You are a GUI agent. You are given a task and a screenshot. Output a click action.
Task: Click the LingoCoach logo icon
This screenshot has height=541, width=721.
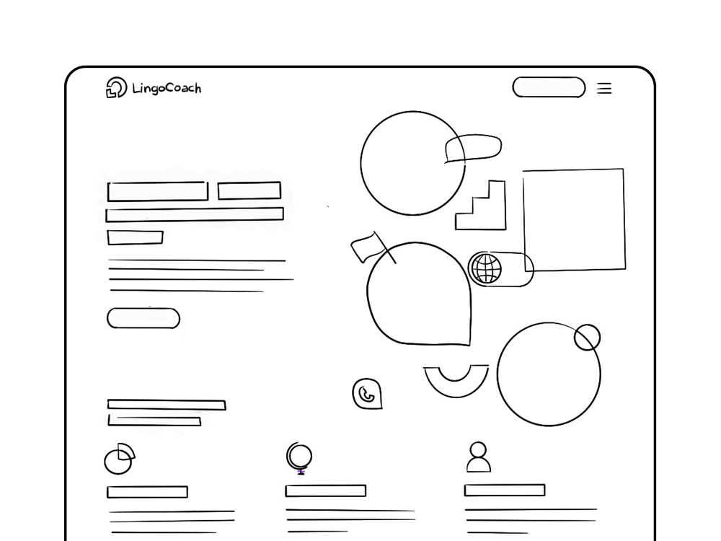click(x=115, y=87)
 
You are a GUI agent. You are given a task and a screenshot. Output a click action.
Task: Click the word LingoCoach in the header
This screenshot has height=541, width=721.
click(x=167, y=88)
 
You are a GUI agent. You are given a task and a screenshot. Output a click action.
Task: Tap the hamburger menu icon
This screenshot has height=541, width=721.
click(x=604, y=88)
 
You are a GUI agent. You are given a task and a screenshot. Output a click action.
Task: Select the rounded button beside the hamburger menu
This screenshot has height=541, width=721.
click(x=549, y=87)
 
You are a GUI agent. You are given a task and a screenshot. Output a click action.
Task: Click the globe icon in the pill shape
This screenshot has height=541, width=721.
click(x=486, y=269)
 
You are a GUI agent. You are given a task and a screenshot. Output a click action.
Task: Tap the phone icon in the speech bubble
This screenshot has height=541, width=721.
click(x=367, y=394)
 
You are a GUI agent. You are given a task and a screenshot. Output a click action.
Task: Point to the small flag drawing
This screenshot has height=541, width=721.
click(x=366, y=247)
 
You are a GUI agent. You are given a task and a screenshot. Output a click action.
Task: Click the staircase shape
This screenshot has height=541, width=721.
click(x=484, y=210)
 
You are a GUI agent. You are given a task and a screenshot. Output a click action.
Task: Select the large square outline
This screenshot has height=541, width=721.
click(x=574, y=220)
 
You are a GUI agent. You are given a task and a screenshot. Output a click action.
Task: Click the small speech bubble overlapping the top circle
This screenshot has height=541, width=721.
click(x=473, y=148)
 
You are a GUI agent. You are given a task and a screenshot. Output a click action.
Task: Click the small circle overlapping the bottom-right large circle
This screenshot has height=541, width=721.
click(x=587, y=338)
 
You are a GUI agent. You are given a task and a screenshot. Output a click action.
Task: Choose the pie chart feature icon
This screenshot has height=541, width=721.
click(x=119, y=459)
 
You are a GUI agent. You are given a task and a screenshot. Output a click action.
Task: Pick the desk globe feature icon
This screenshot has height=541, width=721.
click(x=299, y=458)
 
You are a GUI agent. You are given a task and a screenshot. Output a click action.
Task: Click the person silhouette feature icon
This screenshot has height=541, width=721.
click(x=478, y=457)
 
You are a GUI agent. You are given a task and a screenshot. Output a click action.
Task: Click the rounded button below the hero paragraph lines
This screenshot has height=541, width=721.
click(x=143, y=318)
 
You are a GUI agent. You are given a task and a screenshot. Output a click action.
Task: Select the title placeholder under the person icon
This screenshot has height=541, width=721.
click(x=504, y=491)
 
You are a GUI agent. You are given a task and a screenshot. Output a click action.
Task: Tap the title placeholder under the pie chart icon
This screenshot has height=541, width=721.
click(x=147, y=492)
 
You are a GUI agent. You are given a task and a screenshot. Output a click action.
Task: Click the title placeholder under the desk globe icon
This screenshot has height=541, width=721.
click(x=325, y=491)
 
